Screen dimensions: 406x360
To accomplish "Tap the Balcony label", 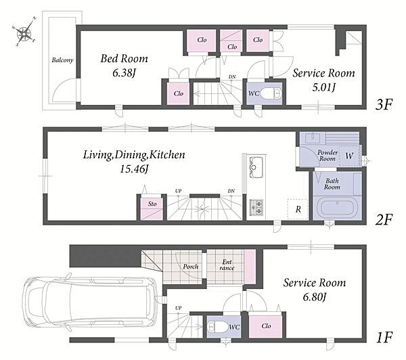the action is click(x=62, y=60).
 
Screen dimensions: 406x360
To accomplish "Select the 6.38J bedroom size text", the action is click(x=125, y=73).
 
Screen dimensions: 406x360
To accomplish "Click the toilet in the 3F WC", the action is click(x=271, y=93).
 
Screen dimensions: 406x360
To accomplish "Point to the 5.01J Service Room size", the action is click(x=323, y=87).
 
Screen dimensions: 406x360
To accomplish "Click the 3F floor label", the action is click(x=384, y=104).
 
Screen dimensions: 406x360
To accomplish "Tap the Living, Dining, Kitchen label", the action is click(x=134, y=155).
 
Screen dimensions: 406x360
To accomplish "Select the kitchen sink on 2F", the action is click(x=256, y=167).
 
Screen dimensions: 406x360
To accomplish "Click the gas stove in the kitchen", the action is click(x=256, y=208).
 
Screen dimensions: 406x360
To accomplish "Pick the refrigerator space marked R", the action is click(x=298, y=209).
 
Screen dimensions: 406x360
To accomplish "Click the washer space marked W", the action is click(x=350, y=156).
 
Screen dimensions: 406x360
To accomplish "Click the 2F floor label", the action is click(x=384, y=220).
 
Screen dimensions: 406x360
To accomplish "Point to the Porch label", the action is click(x=191, y=266).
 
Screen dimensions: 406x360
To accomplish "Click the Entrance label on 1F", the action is click(x=227, y=265).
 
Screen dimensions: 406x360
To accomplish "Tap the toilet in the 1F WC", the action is click(x=218, y=327).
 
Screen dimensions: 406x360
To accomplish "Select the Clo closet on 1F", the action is click(x=265, y=326).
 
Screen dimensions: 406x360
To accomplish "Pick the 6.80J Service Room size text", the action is click(x=314, y=297).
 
